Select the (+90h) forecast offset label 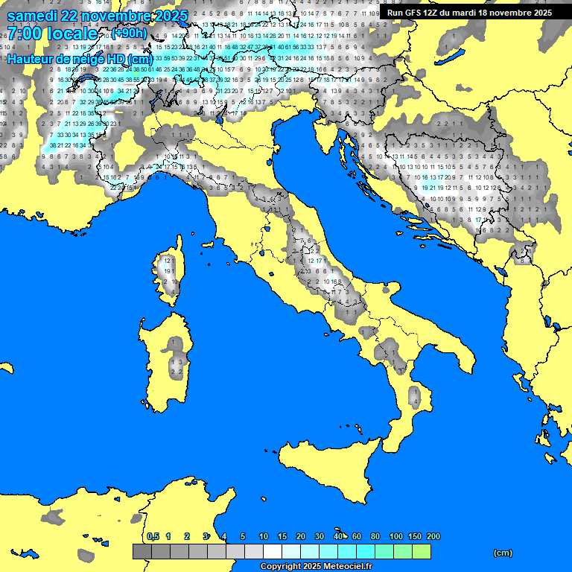tap(129, 33)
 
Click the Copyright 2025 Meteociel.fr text tap(316, 566)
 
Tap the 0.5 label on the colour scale tap(153, 536)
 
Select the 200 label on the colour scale tap(433, 536)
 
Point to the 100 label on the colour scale tap(396, 536)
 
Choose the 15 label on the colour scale tap(282, 536)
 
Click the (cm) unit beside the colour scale tap(503, 553)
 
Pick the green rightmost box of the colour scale tap(422, 551)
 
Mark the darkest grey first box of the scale tap(142, 551)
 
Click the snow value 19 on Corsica tap(168, 272)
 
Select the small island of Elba tap(209, 244)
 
